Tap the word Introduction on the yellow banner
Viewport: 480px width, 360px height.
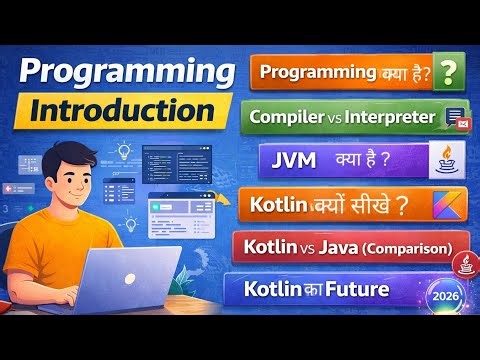click(122, 109)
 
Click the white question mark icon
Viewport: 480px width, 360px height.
click(451, 72)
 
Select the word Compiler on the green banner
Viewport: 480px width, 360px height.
click(289, 117)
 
